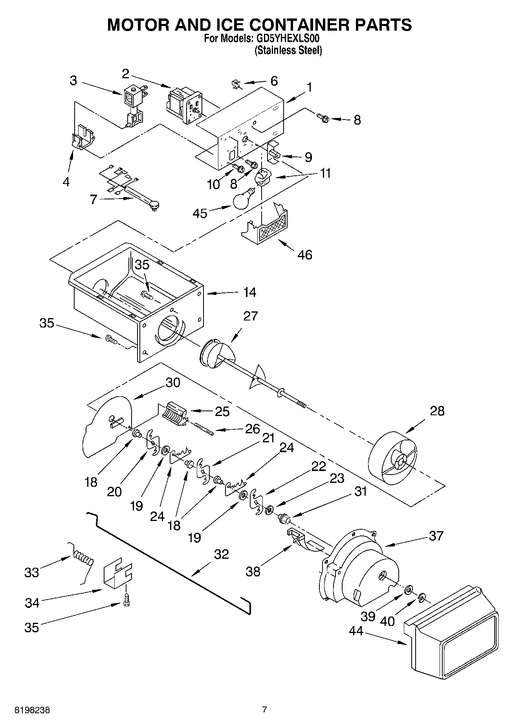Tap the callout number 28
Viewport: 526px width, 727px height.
[437, 411]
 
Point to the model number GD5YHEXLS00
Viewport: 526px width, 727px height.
[286, 39]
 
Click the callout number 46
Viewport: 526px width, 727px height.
[305, 255]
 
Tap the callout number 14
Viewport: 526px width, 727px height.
[249, 292]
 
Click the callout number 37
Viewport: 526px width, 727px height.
[436, 536]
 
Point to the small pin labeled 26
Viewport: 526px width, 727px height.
[203, 428]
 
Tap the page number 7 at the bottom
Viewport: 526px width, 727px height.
[264, 710]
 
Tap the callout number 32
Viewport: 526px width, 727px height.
[221, 554]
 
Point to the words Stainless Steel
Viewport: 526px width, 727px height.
[289, 50]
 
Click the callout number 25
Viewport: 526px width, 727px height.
[222, 411]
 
